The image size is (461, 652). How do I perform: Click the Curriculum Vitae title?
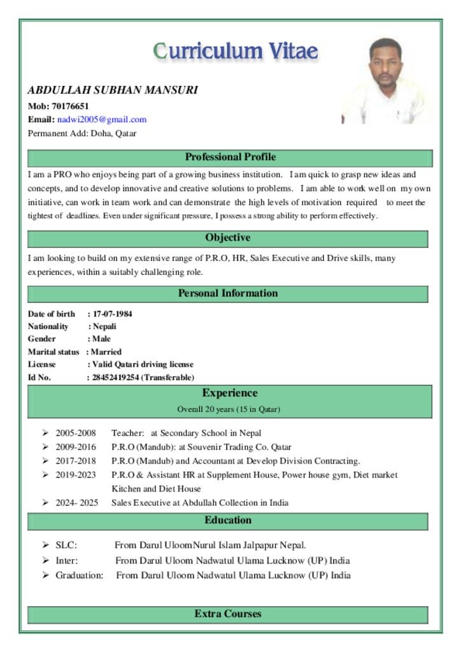click(236, 51)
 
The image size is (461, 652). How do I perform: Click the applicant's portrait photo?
click(385, 81)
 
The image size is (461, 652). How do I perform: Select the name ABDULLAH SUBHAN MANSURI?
click(113, 90)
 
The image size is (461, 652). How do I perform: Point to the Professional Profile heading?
click(230, 157)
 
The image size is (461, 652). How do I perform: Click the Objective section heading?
click(227, 238)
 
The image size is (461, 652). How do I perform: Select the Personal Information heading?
click(227, 294)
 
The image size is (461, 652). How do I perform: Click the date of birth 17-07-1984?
click(113, 314)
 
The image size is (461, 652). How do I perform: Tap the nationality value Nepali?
click(104, 327)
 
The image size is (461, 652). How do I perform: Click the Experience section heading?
click(230, 393)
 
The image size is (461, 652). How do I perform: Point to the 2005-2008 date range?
click(76, 433)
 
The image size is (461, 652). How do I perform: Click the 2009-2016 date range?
click(76, 447)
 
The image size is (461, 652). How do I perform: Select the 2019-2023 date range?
click(76, 475)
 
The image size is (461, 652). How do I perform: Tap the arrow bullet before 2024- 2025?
click(46, 503)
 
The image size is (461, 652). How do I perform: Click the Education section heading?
click(227, 521)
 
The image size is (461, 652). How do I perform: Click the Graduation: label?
click(79, 576)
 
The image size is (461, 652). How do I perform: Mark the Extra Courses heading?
click(227, 614)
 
